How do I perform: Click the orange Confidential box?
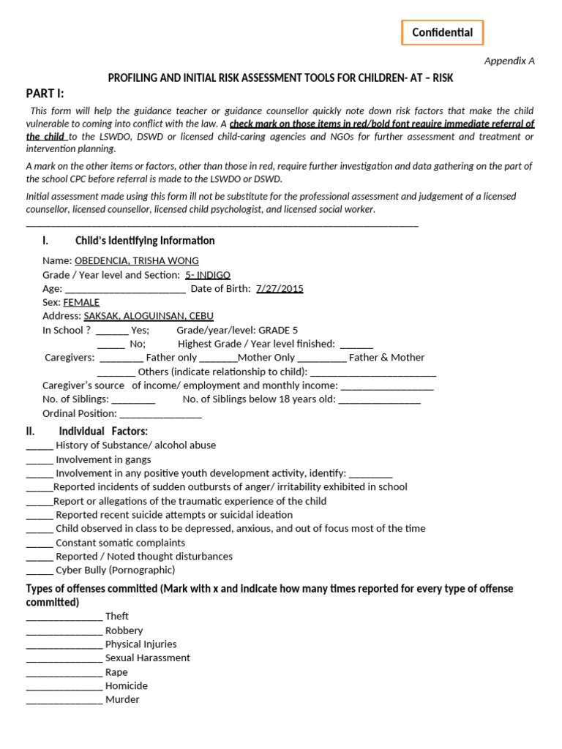pos(442,33)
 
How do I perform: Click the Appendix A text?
pos(509,61)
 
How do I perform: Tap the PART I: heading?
pos(45,93)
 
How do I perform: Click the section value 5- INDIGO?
pos(208,275)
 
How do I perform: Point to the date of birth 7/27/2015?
pos(280,289)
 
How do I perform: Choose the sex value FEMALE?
pos(81,302)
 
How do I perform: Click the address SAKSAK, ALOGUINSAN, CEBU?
pos(149,316)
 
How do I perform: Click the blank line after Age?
pos(125,290)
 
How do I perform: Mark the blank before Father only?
pos(121,358)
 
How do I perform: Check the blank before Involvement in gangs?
pos(40,461)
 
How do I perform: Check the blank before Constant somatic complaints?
pos(40,543)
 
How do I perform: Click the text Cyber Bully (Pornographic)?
pos(116,571)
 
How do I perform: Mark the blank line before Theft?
pos(64,617)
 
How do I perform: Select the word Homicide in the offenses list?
pos(127,686)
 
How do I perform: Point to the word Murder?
pos(122,700)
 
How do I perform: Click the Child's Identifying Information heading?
pos(145,241)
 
